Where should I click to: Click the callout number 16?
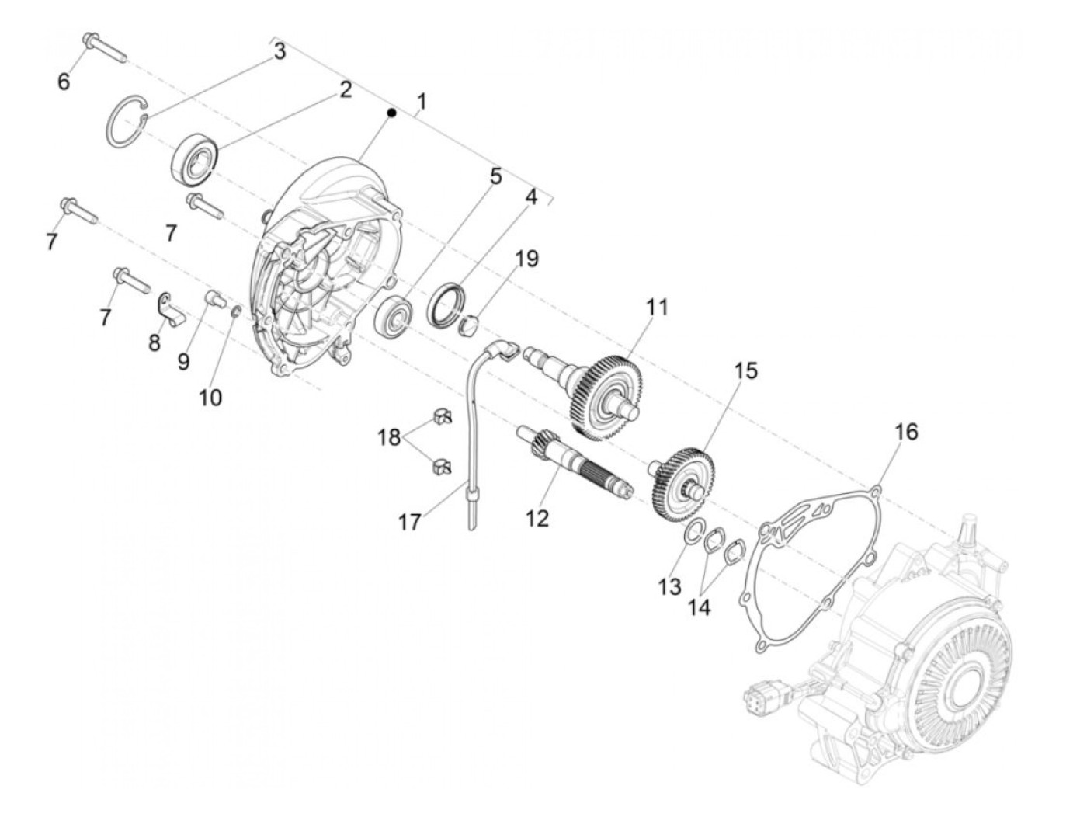point(906,431)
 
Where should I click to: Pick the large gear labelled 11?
point(606,391)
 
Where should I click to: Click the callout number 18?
point(391,437)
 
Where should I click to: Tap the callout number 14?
point(700,607)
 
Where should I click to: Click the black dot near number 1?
point(392,113)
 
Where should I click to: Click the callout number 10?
point(210,397)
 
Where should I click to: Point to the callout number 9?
point(183,361)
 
